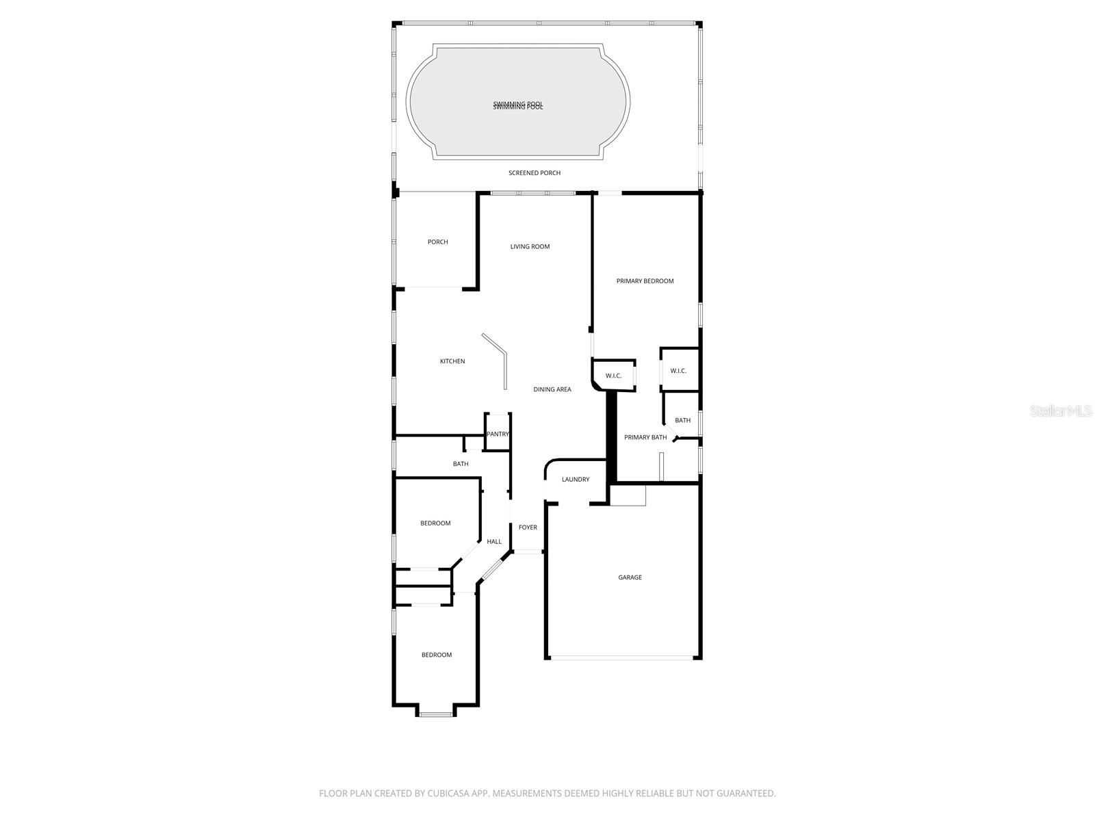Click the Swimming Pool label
click(x=518, y=105)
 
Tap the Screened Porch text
click(x=534, y=173)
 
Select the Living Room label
click(x=530, y=247)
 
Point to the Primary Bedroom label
click(x=645, y=281)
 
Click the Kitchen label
click(x=452, y=361)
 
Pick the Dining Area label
click(x=552, y=390)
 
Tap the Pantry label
click(x=498, y=434)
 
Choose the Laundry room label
click(x=575, y=480)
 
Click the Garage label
click(x=630, y=577)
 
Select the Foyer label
click(x=528, y=527)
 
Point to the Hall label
click(x=493, y=542)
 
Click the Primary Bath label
click(x=645, y=438)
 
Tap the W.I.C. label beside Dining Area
click(x=613, y=376)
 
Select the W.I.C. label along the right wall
click(x=678, y=371)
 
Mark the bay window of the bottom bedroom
click(x=436, y=714)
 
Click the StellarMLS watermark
click(x=1061, y=411)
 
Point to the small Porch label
click(x=437, y=242)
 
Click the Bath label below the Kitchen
click(x=461, y=465)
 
